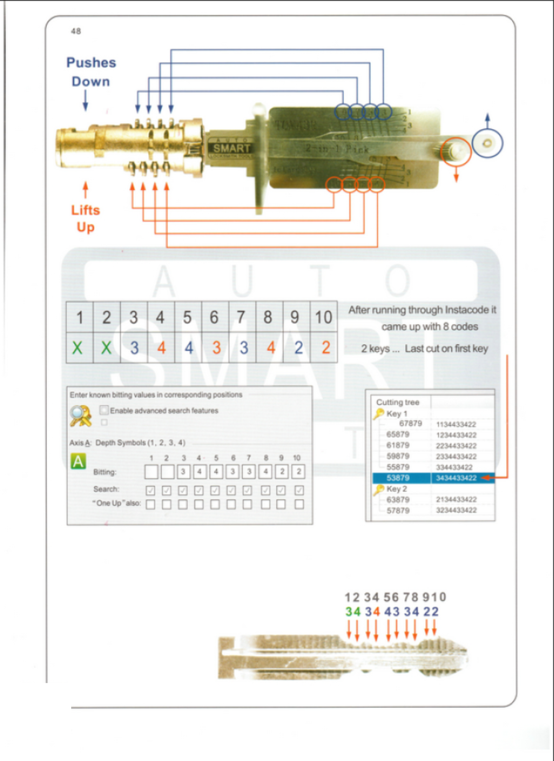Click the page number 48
pyautogui.click(x=76, y=31)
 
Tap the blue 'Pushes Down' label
pyautogui.click(x=91, y=72)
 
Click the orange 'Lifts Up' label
pyautogui.click(x=85, y=218)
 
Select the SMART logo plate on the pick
pyautogui.click(x=231, y=148)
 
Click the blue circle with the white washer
pyautogui.click(x=487, y=143)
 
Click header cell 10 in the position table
pyautogui.click(x=323, y=317)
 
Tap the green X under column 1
pyautogui.click(x=78, y=348)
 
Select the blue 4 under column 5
pyautogui.click(x=188, y=348)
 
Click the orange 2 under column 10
pyautogui.click(x=325, y=348)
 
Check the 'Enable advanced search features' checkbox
pyautogui.click(x=104, y=410)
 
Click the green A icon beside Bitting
pyautogui.click(x=78, y=461)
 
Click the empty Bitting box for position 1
pyautogui.click(x=151, y=472)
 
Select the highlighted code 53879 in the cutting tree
pyautogui.click(x=398, y=478)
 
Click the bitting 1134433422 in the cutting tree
pyautogui.click(x=456, y=424)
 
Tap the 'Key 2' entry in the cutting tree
pyautogui.click(x=396, y=489)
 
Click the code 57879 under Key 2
pyautogui.click(x=398, y=510)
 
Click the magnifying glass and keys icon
pyautogui.click(x=81, y=416)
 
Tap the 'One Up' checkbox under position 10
pyautogui.click(x=299, y=504)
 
